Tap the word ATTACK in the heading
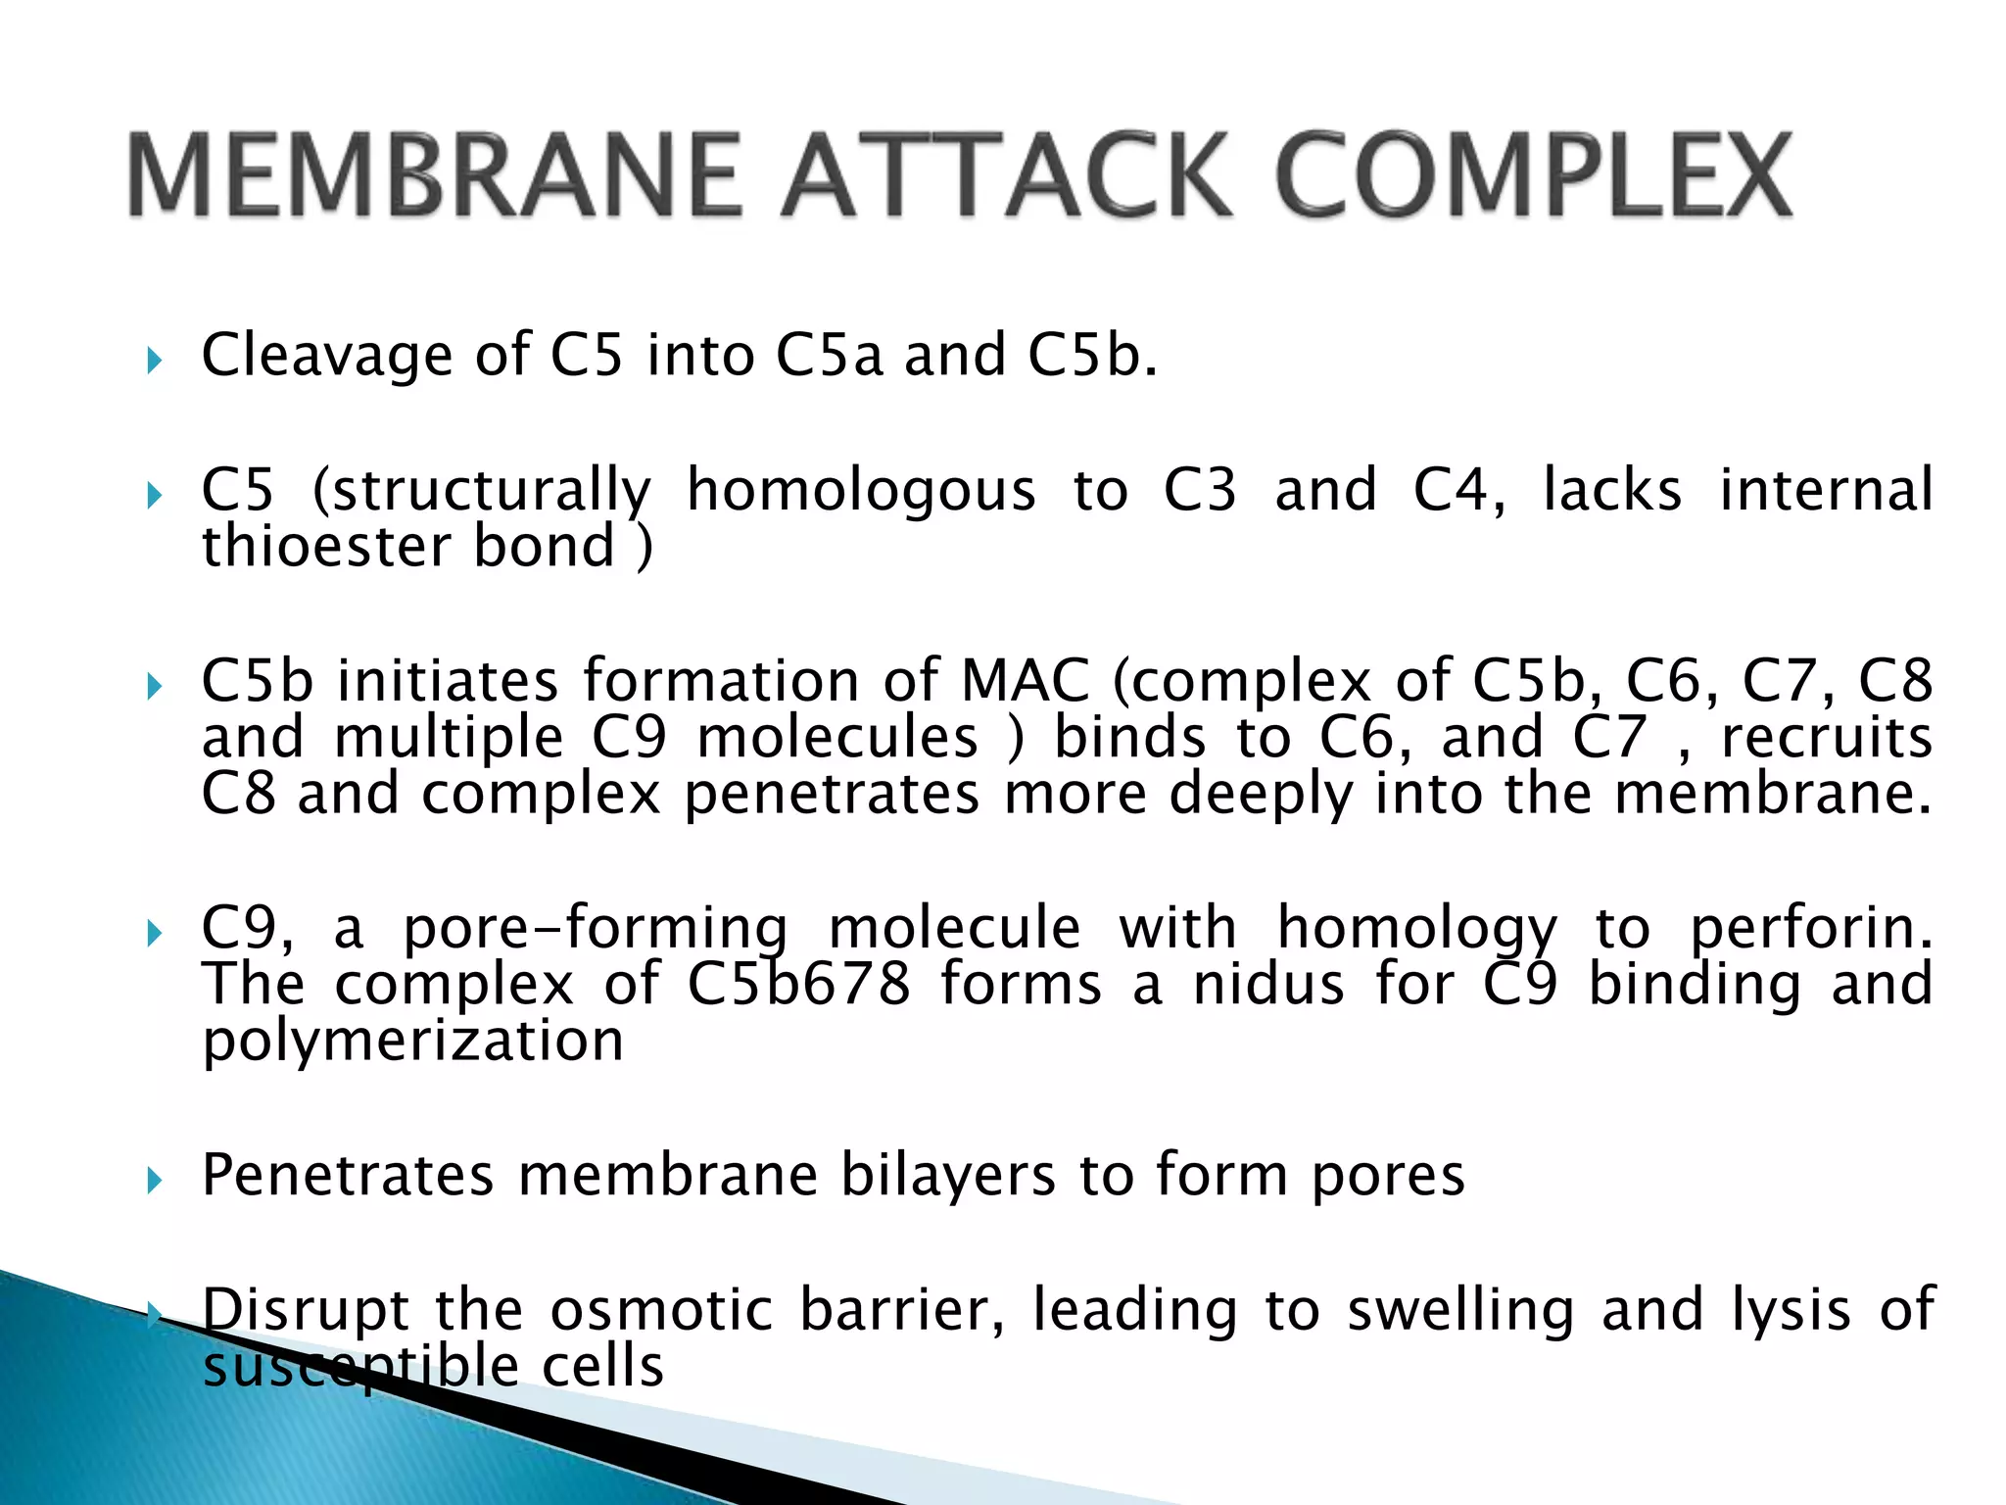(1004, 176)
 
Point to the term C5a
(829, 355)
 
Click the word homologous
(860, 490)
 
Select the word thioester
(324, 546)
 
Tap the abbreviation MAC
(1025, 680)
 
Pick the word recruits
(1827, 737)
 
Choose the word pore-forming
(596, 928)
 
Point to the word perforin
(1812, 928)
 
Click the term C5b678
(798, 984)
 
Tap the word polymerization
(412, 1041)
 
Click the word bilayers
(947, 1175)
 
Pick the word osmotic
(661, 1309)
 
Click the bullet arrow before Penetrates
(154, 1180)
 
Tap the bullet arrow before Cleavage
(154, 361)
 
